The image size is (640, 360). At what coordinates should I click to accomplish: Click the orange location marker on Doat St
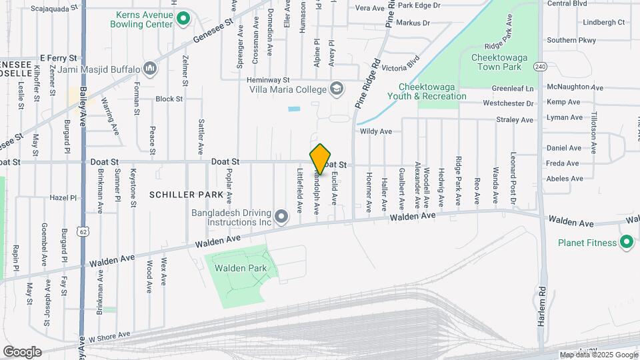pyautogui.click(x=321, y=159)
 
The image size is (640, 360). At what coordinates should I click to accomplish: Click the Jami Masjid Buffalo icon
pyautogui.click(x=150, y=69)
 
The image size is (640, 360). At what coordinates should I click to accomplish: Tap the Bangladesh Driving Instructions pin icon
pyautogui.click(x=281, y=215)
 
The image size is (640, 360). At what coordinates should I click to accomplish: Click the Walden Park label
pyautogui.click(x=240, y=268)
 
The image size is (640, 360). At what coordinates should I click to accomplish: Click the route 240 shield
pyautogui.click(x=540, y=67)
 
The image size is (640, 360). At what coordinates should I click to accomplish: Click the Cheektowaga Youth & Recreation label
pyautogui.click(x=432, y=91)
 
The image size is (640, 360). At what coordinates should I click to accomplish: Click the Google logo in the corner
pyautogui.click(x=22, y=351)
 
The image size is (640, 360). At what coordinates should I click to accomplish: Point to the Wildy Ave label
pyautogui.click(x=376, y=131)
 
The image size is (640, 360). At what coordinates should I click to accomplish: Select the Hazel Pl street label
pyautogui.click(x=64, y=198)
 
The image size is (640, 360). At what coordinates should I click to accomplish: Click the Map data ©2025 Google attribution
pyautogui.click(x=597, y=355)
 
